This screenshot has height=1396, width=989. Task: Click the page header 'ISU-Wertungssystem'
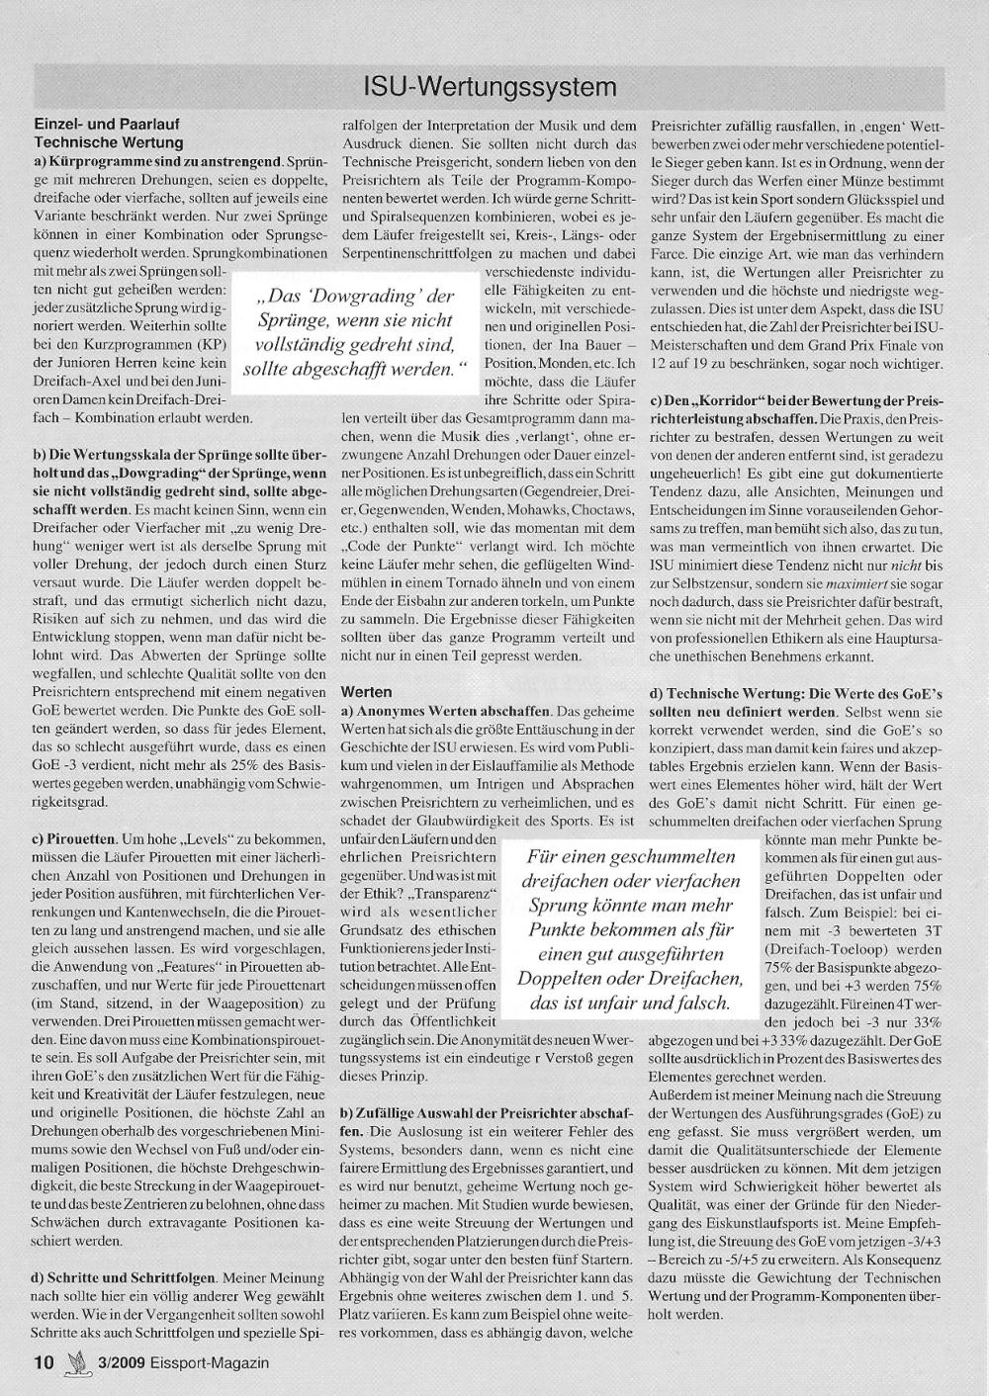490,87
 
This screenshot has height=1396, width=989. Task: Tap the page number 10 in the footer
43,1361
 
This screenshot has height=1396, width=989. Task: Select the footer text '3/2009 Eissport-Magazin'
179,1361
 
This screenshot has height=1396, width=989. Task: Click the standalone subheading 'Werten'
366,692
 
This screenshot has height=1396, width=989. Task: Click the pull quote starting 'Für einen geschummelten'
632,929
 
